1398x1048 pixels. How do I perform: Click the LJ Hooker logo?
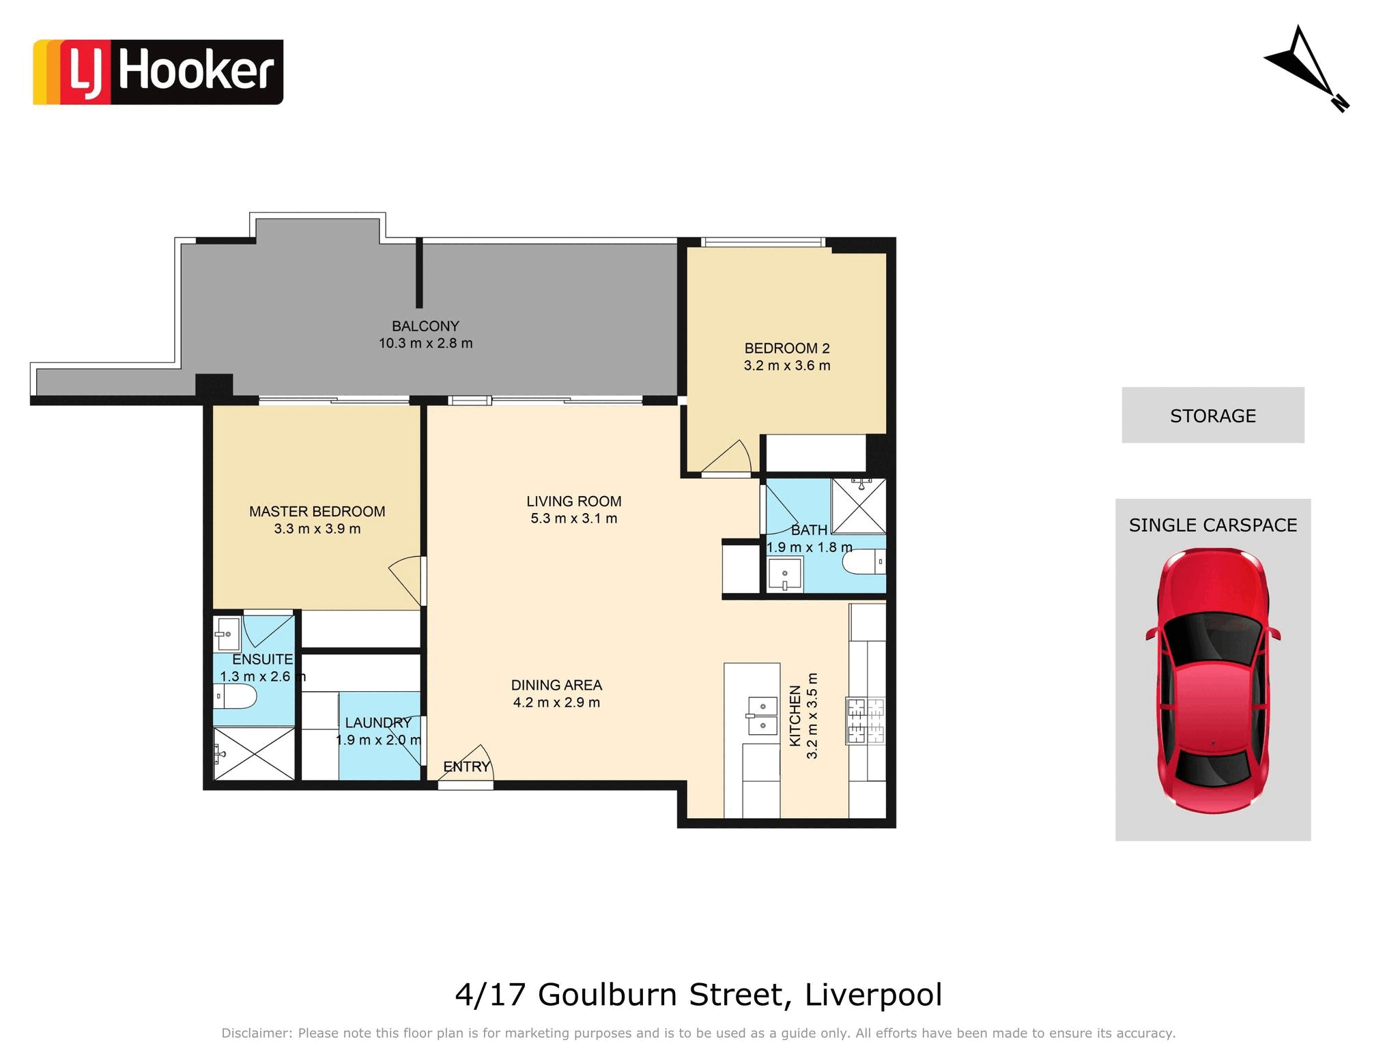click(x=158, y=72)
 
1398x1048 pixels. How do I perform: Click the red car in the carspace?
click(x=1213, y=680)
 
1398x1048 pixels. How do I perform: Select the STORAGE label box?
click(x=1213, y=416)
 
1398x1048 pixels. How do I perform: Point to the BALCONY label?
click(x=425, y=326)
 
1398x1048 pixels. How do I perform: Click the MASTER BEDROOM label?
click(x=317, y=511)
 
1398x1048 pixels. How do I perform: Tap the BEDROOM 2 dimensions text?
click(x=787, y=366)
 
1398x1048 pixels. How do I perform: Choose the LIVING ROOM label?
click(x=574, y=501)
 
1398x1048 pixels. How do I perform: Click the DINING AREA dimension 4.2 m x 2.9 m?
click(x=556, y=703)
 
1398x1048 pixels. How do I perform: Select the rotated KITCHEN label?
click(x=795, y=716)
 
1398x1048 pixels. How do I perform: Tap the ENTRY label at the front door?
click(x=467, y=767)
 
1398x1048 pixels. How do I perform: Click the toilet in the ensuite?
click(x=235, y=697)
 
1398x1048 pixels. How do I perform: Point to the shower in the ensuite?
click(x=254, y=753)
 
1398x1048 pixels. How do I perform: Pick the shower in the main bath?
click(x=859, y=506)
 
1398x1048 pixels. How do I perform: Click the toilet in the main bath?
click(x=864, y=562)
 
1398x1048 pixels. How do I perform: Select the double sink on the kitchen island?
click(x=763, y=716)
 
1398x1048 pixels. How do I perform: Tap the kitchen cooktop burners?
click(x=866, y=720)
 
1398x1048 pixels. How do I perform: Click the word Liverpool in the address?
click(x=874, y=995)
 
